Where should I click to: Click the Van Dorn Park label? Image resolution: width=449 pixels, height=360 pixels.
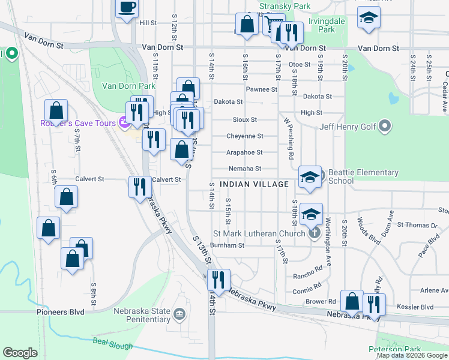click(121, 86)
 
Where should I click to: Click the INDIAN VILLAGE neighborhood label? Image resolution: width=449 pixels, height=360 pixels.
click(254, 184)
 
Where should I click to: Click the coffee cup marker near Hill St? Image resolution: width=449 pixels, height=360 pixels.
click(127, 8)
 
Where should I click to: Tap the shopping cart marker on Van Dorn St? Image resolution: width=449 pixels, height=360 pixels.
click(274, 25)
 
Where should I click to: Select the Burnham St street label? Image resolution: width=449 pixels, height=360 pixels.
click(228, 245)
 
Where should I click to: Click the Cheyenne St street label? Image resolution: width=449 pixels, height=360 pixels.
click(244, 136)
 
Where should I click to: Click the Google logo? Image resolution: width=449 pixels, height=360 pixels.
click(20, 352)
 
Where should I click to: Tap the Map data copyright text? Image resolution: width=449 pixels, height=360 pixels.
click(412, 355)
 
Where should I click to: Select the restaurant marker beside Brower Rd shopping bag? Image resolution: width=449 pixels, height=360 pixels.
click(374, 304)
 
